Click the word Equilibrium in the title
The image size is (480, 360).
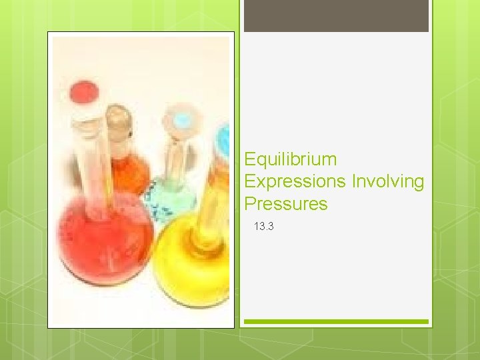(291, 160)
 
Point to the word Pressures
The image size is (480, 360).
(286, 204)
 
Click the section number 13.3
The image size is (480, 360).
(263, 227)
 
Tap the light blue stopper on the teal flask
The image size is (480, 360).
(181, 120)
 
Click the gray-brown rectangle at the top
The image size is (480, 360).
(336, 16)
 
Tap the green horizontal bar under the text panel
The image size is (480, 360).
(336, 321)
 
